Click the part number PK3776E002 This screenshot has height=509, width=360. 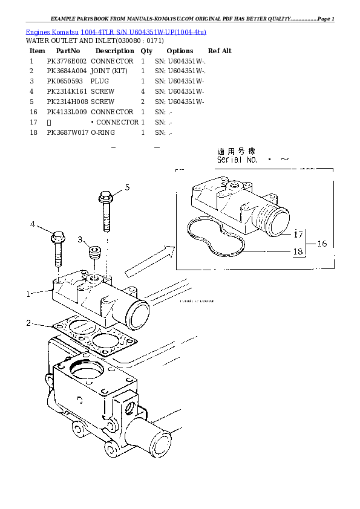67,62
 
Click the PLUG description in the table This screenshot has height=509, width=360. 100,82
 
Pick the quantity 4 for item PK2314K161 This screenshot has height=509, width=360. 143,92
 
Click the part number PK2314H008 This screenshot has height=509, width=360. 67,102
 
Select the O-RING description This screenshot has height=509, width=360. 103,132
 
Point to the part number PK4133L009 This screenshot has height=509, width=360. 67,112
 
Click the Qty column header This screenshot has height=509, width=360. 146,51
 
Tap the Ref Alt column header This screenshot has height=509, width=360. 220,51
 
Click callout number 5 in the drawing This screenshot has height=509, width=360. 127,187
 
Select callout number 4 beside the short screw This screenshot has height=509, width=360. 33,224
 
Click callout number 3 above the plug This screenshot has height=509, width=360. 80,240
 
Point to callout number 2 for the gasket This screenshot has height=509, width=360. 28,323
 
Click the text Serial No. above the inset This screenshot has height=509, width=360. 237,160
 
